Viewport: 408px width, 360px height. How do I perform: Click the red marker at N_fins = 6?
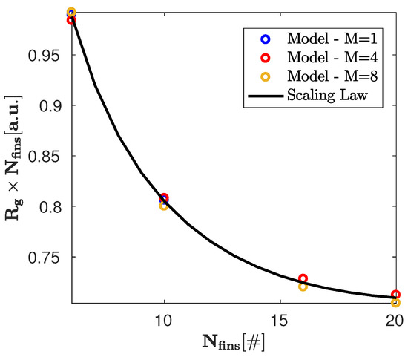click(x=71, y=20)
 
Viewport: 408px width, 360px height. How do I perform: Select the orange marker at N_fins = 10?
click(x=164, y=206)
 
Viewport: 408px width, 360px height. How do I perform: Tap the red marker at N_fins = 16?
click(x=303, y=278)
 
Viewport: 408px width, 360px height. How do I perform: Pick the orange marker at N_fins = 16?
click(x=303, y=287)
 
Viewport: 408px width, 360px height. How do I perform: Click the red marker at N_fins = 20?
click(x=395, y=295)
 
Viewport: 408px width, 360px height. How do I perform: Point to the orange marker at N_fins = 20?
click(x=395, y=302)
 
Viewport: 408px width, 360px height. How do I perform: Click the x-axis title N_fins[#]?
click(x=231, y=343)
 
